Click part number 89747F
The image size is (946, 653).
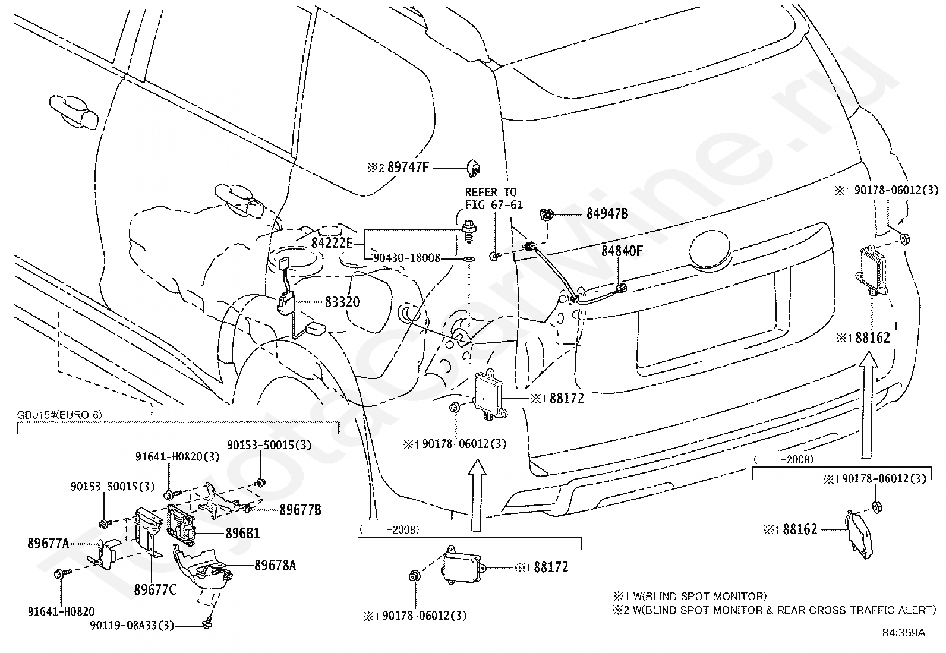(x=408, y=168)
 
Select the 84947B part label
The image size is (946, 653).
(x=607, y=214)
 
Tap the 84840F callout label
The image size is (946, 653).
(x=622, y=251)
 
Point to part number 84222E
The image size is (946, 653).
(x=332, y=243)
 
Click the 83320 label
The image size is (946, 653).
(x=342, y=302)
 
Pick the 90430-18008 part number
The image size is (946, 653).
(x=407, y=258)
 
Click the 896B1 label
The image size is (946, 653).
(x=243, y=533)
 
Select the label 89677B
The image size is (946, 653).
(x=300, y=510)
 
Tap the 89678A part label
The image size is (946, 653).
(x=275, y=566)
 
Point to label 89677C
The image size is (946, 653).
(x=155, y=589)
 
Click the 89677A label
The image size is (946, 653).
(x=48, y=543)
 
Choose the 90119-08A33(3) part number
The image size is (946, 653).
(x=132, y=625)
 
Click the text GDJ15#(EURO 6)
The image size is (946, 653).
(x=59, y=415)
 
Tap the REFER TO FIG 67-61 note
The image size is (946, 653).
(x=494, y=198)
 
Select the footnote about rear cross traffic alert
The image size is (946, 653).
(x=774, y=610)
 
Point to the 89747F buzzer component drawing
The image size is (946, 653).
(x=474, y=168)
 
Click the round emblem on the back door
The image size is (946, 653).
(x=709, y=250)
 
